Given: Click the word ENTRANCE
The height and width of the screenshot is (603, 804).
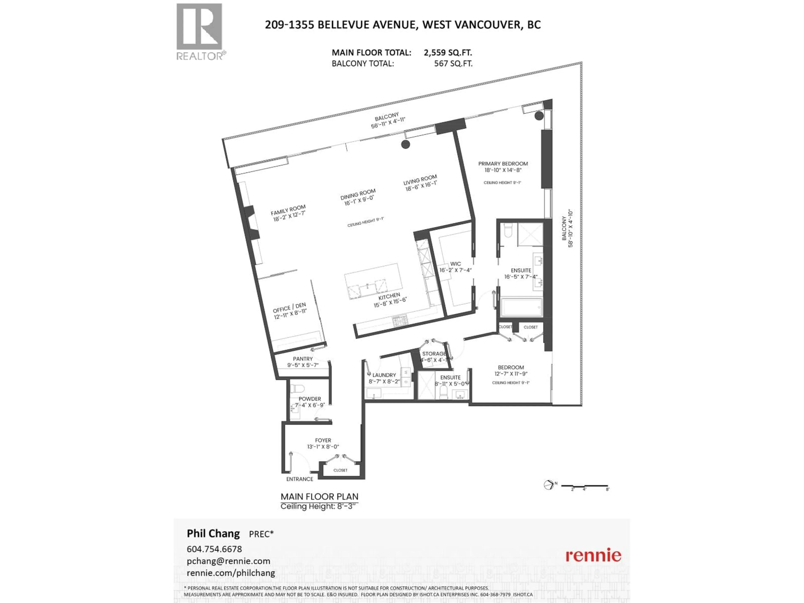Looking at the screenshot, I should click(299, 479).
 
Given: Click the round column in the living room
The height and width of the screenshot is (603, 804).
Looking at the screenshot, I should click(406, 144).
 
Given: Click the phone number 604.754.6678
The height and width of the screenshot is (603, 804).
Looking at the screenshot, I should click(214, 549).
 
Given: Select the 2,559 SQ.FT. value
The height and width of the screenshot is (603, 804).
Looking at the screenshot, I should click(448, 53).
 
